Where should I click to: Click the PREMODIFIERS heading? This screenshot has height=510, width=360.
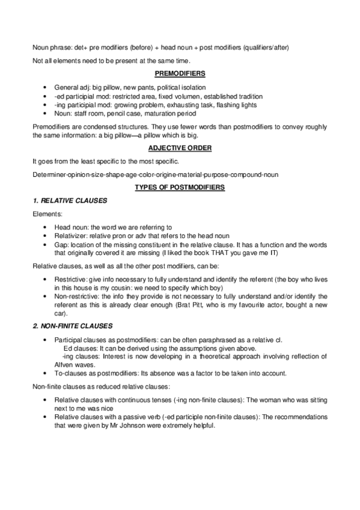click(x=180, y=73)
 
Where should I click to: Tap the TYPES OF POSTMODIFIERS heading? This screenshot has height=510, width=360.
click(x=180, y=188)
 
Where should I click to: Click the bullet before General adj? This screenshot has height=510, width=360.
click(x=46, y=88)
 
